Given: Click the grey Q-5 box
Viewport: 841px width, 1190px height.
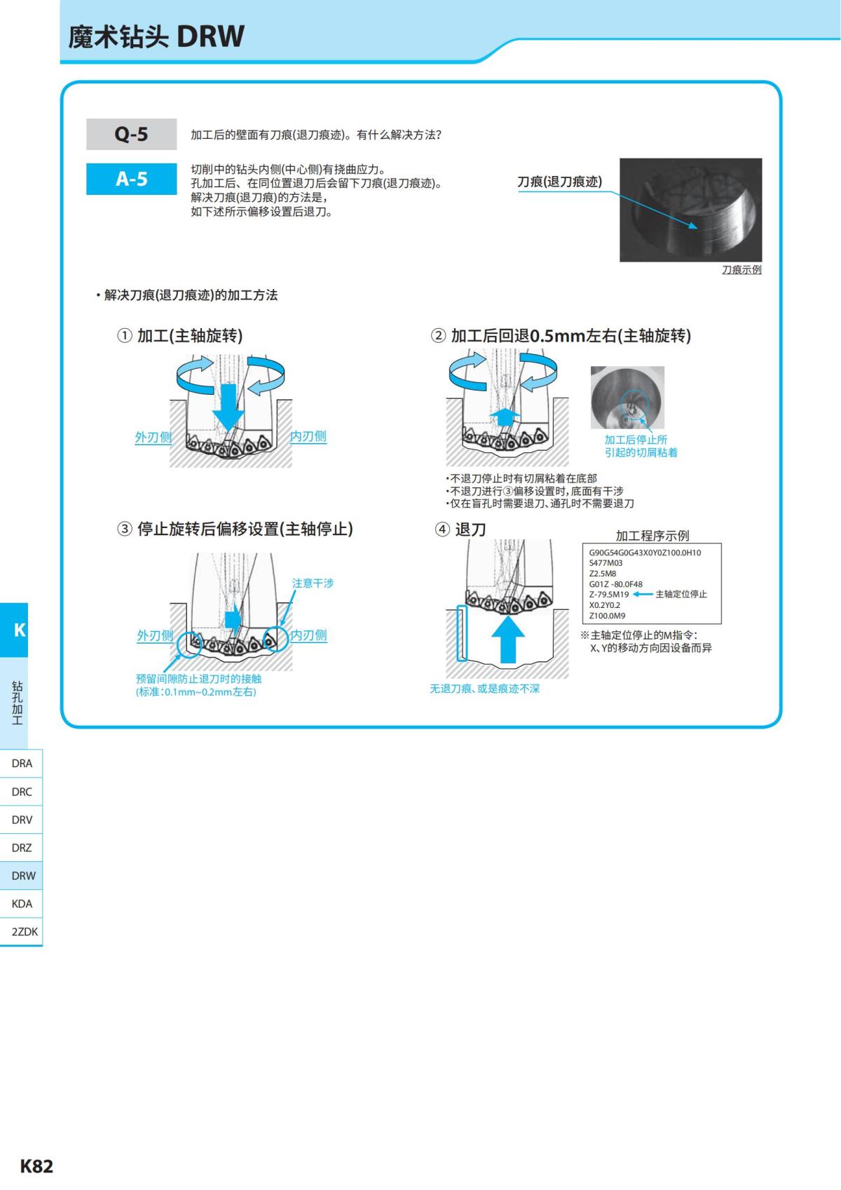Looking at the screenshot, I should coord(131,134).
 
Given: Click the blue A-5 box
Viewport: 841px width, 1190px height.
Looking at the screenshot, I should coord(131,179).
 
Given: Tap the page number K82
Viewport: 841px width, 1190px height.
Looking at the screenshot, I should coord(36,1166).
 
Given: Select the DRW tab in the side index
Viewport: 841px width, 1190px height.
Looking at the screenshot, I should coord(22,876).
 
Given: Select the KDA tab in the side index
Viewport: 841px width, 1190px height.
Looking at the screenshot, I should coord(22,904).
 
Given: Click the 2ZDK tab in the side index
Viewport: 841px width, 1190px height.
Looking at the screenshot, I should coord(24,932).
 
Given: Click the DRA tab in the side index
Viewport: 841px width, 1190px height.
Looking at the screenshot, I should coord(22,764).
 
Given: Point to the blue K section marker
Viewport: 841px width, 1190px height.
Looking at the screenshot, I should coord(18,630).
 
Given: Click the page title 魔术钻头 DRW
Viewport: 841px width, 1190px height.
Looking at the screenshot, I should coord(156,36).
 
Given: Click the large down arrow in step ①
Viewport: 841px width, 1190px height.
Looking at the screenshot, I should coord(228,404).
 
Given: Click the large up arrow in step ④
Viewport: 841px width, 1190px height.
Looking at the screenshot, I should coord(508,637).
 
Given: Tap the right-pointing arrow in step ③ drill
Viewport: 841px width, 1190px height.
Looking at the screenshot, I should coord(233,619).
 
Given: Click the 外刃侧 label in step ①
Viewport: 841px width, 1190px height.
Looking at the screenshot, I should coord(153,437).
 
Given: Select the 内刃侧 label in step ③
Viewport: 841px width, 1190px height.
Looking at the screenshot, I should coord(309,635).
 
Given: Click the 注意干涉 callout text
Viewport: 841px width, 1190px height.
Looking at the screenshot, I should coord(313,583).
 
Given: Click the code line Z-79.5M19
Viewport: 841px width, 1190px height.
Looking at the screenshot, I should coord(609,595).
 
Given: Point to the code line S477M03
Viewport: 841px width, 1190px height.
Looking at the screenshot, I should coord(606,563).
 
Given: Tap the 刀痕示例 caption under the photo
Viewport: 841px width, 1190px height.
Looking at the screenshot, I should coord(741,270).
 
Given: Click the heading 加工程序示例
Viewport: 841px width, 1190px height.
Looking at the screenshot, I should coord(652,536).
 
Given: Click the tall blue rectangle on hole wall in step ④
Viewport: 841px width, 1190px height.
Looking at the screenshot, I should coord(461,633).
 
